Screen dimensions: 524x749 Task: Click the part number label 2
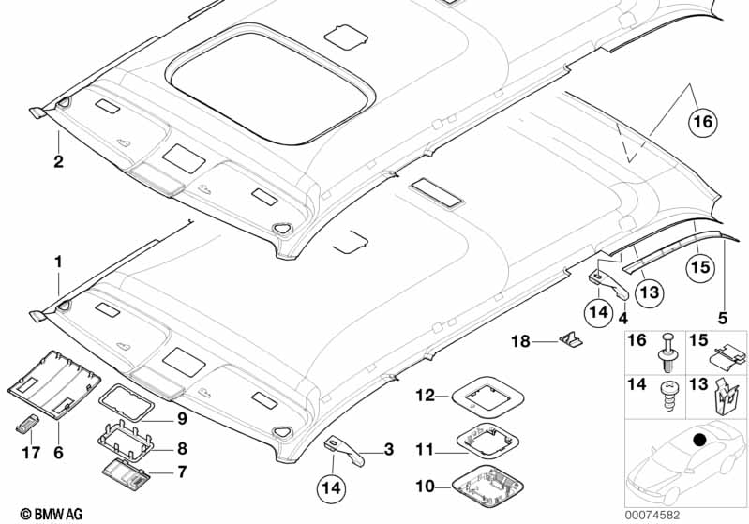click(x=58, y=162)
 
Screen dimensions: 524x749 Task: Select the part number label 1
click(x=58, y=262)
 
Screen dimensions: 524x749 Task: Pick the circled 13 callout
click(x=650, y=291)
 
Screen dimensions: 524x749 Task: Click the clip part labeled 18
click(x=568, y=340)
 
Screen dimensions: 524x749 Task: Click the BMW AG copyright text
click(x=40, y=513)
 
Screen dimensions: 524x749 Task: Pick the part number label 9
click(x=182, y=417)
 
